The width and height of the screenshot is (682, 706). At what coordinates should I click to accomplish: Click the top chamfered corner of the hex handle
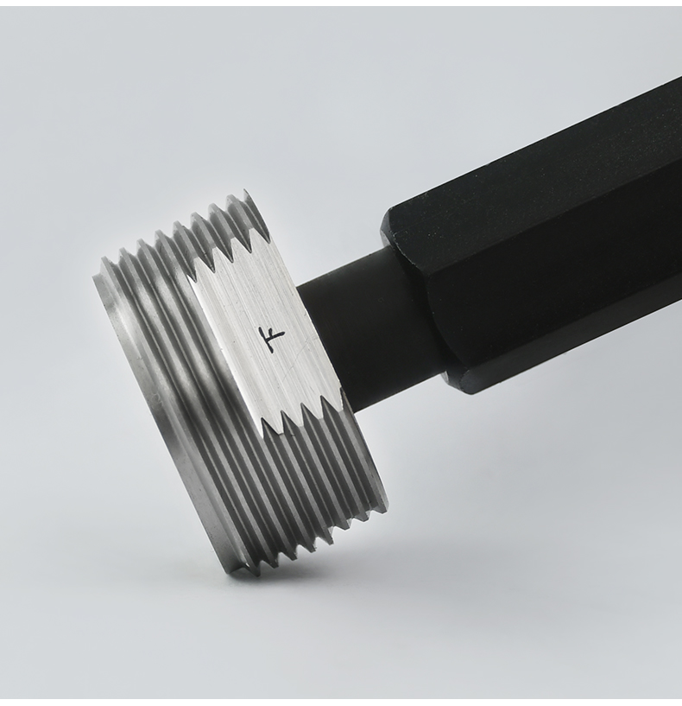390,215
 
